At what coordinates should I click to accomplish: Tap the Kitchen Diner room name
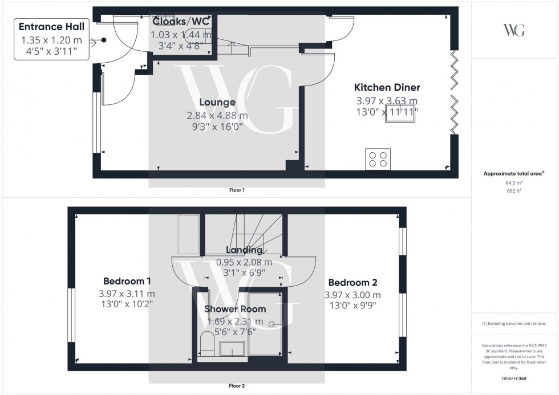387,87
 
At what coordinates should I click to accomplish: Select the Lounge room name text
217,103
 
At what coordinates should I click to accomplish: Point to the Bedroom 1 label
127,281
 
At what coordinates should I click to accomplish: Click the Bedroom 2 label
353,282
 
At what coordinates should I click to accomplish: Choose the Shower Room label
235,309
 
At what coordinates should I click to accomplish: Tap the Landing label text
244,250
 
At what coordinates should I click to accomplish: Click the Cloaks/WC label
181,22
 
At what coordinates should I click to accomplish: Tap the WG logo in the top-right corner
515,30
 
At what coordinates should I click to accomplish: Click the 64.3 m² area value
515,182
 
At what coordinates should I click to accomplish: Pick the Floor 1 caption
236,190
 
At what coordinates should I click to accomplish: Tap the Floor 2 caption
236,386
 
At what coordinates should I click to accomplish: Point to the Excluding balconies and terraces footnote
515,323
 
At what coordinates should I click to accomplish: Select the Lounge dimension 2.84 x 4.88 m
217,115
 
